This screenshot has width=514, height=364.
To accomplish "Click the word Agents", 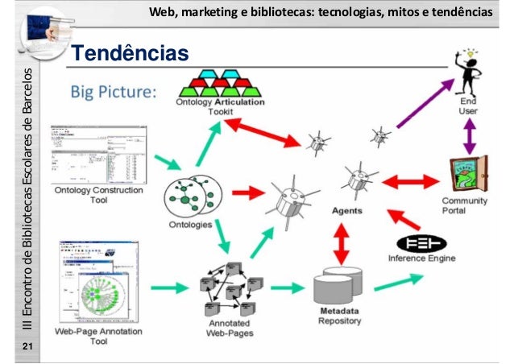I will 347,210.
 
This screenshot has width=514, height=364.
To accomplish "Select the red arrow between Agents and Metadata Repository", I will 340,241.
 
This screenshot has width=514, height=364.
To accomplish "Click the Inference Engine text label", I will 422,259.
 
